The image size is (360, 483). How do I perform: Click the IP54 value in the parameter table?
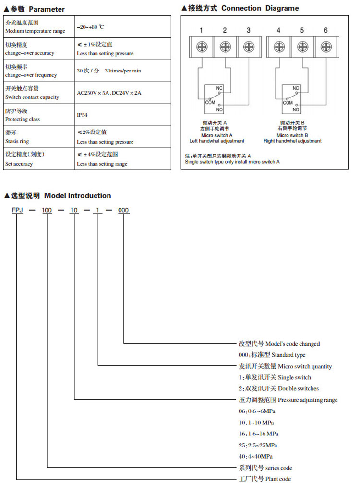click(82, 115)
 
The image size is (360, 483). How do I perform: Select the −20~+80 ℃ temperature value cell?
click(91, 27)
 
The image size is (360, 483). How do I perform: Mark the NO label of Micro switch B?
click(296, 109)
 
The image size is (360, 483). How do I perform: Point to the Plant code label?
click(264, 479)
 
